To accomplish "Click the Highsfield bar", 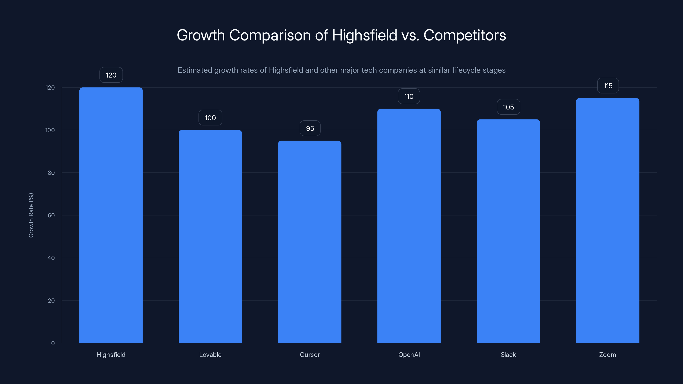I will (111, 215).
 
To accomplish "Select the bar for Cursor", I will (309, 242).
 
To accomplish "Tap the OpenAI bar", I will (409, 225).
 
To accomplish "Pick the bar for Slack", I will (508, 231).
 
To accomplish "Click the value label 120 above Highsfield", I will (111, 75).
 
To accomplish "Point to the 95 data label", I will (310, 128).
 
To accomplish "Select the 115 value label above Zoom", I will (608, 86).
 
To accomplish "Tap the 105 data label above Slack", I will (508, 107).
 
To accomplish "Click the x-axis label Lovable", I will (210, 355).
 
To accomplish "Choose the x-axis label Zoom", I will (607, 355).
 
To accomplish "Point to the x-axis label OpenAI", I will (409, 355).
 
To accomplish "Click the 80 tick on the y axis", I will (51, 173).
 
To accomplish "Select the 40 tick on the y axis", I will (51, 258).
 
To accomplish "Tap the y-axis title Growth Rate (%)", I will (31, 215).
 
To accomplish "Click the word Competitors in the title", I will (464, 35).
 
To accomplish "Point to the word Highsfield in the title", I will (365, 35).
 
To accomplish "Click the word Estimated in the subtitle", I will (195, 70).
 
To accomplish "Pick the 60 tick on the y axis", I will (51, 215).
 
